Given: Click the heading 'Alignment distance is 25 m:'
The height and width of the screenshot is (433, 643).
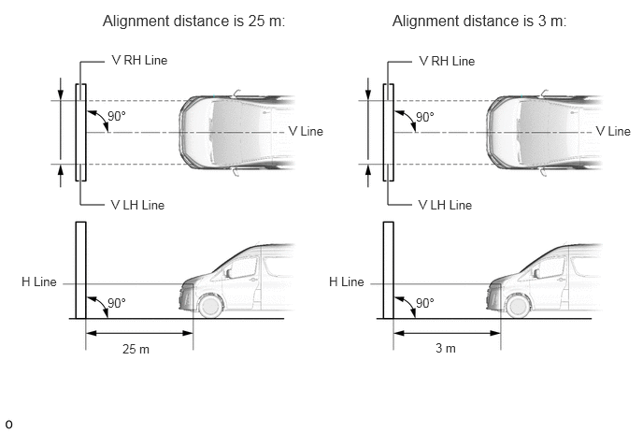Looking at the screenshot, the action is tap(193, 22).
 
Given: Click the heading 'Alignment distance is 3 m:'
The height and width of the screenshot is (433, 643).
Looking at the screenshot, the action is tap(479, 22).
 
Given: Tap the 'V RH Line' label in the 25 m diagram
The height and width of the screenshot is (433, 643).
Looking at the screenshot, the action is tap(139, 61).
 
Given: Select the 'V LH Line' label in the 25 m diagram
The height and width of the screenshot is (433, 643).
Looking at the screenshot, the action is tap(137, 205).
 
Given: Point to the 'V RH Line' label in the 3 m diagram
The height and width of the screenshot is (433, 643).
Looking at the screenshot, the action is tap(447, 61).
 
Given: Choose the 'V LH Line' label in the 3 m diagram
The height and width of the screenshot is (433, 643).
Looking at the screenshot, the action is tap(446, 205).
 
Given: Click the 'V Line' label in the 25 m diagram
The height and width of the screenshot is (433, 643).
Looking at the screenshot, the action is tap(306, 131).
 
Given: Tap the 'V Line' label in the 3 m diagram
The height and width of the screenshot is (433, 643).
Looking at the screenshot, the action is tap(613, 131).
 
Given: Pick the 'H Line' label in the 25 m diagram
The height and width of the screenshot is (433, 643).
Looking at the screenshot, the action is tap(39, 281).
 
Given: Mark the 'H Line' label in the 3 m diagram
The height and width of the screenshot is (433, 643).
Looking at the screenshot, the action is tap(347, 281).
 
